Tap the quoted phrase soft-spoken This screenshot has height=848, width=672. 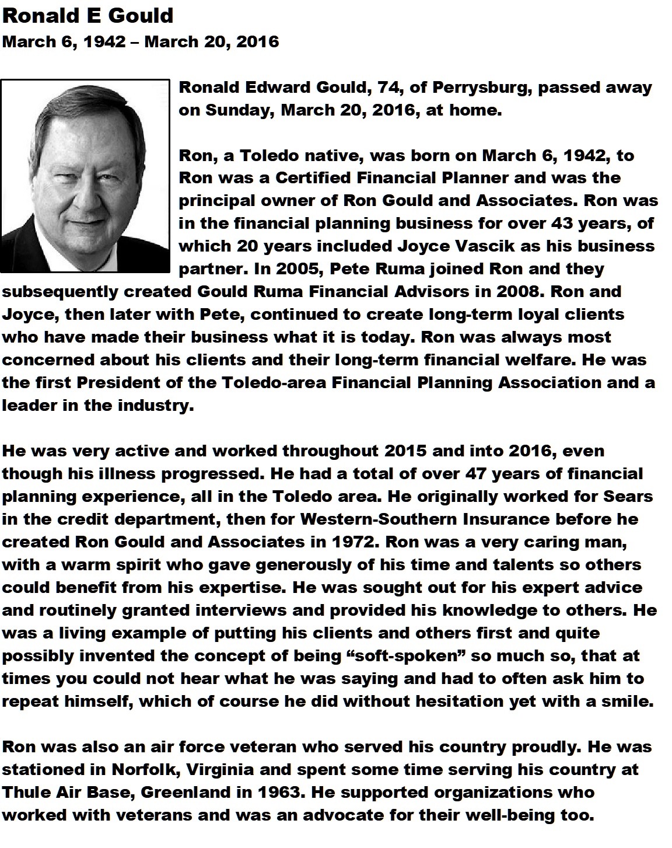(408, 655)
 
